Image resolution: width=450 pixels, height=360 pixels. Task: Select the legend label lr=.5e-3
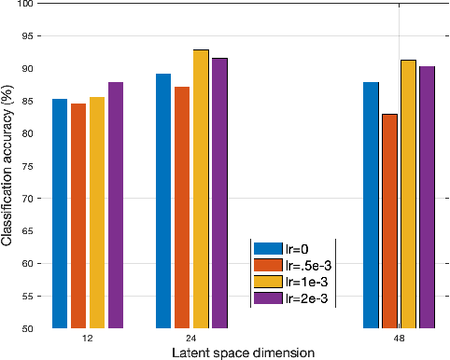307,265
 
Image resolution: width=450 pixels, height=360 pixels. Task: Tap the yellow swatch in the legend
268,282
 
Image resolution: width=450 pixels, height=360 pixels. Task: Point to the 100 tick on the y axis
35,5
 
